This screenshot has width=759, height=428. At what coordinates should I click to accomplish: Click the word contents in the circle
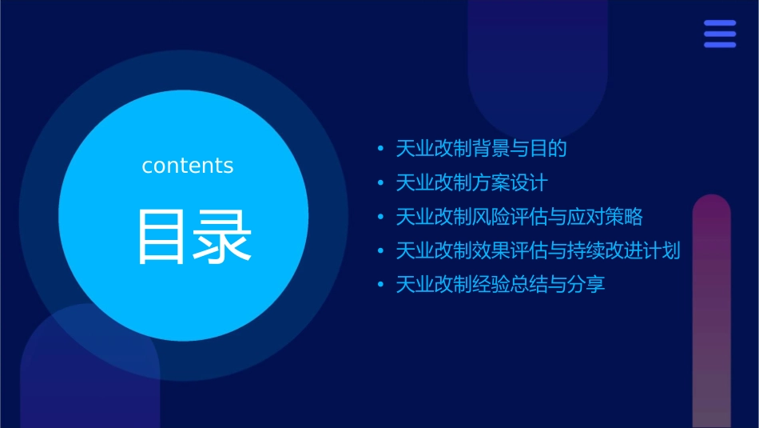(x=188, y=166)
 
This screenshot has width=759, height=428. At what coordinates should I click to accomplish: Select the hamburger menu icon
(x=720, y=34)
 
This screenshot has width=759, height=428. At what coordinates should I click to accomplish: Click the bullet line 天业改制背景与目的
(x=481, y=149)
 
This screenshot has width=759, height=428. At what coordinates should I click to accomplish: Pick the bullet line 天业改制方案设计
(x=471, y=183)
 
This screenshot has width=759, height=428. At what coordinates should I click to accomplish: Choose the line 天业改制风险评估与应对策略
(x=519, y=217)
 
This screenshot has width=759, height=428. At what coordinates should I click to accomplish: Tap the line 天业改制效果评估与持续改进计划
(x=538, y=251)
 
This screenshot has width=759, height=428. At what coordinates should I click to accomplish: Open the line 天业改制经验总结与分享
(x=500, y=285)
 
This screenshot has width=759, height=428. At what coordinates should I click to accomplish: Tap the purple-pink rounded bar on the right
(x=711, y=312)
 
